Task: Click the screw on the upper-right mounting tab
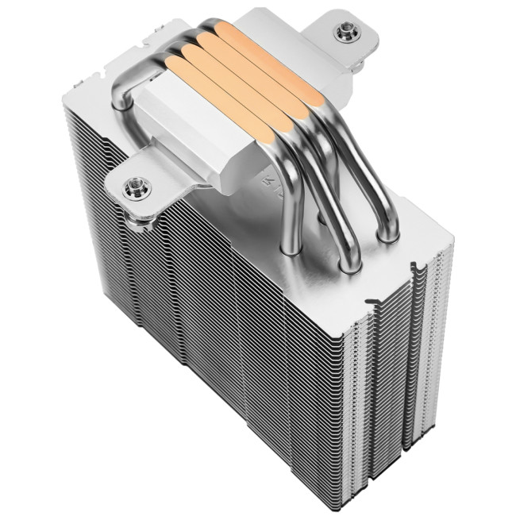coord(346,32)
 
